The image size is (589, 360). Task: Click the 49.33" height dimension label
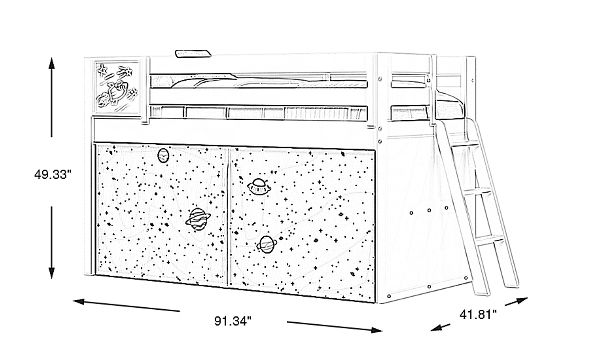tap(53, 174)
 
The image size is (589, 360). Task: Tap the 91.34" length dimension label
tap(233, 321)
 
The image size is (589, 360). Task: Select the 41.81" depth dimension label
tap(478, 314)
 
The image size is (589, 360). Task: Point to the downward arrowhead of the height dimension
tap(52, 273)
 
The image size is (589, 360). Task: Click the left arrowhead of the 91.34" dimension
tap(79, 301)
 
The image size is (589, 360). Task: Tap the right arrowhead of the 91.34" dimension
tap(376, 330)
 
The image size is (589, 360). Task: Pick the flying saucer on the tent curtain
tap(259, 186)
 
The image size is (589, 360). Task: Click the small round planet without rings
tap(163, 155)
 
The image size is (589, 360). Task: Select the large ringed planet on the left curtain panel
tap(198, 219)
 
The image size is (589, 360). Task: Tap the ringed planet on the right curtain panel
tap(267, 244)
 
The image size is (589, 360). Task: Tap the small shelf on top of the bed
tap(193, 53)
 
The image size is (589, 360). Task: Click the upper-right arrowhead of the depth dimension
tap(522, 301)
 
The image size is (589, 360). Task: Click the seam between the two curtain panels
tap(228, 217)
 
